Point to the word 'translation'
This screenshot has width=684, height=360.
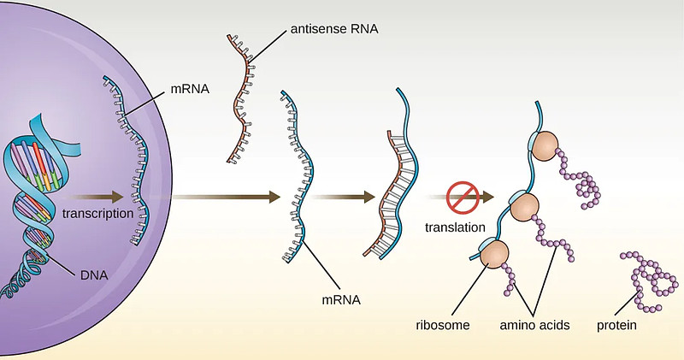coord(455,227)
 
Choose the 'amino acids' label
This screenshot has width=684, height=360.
coord(535,325)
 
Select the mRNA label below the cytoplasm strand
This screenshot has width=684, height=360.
coord(340,300)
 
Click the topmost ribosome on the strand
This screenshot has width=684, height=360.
coord(545,146)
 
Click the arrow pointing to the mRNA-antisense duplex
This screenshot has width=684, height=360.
coord(342,198)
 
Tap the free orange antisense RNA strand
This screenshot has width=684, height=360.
coord(243,94)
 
